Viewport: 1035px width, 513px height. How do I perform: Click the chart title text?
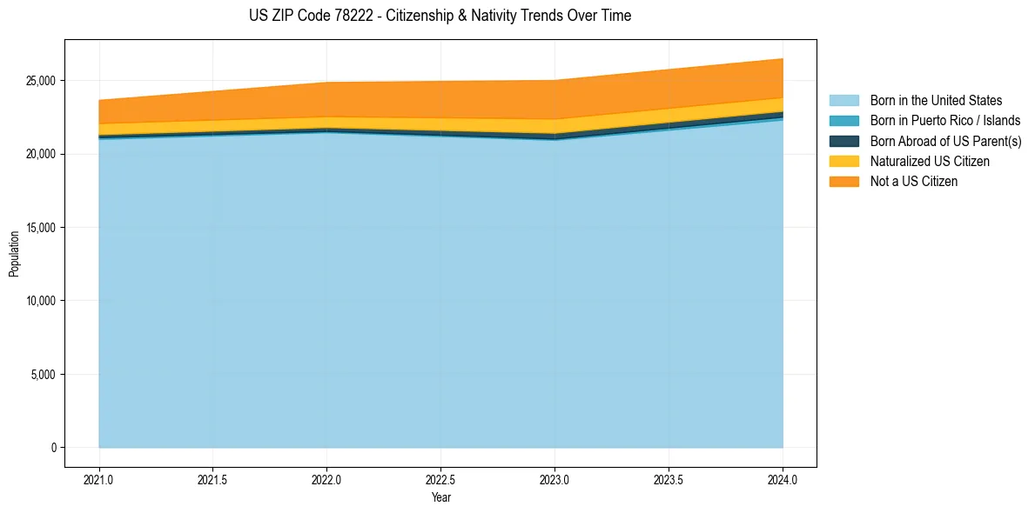tap(440, 16)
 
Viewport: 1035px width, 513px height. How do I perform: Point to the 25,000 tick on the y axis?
tap(42, 81)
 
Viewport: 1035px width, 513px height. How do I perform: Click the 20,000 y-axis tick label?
tap(42, 154)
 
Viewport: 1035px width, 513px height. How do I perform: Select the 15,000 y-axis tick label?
tap(42, 228)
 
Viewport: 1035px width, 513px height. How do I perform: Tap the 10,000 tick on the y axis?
tap(42, 301)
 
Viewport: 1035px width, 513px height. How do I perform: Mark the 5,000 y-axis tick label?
tap(44, 375)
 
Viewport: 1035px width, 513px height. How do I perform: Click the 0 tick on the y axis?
tap(54, 448)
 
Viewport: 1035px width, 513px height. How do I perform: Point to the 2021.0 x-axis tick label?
tap(99, 479)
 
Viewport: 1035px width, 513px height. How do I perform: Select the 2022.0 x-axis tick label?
tap(326, 479)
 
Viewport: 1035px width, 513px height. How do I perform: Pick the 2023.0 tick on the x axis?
tap(554, 479)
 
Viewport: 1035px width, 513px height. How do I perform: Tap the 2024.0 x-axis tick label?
tap(783, 479)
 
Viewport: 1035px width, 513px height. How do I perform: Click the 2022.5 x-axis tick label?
tap(440, 479)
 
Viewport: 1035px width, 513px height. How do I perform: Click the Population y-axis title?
tap(14, 254)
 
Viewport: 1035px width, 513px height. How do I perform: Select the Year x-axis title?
tap(440, 497)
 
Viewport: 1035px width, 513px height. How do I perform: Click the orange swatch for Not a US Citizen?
tap(843, 182)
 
